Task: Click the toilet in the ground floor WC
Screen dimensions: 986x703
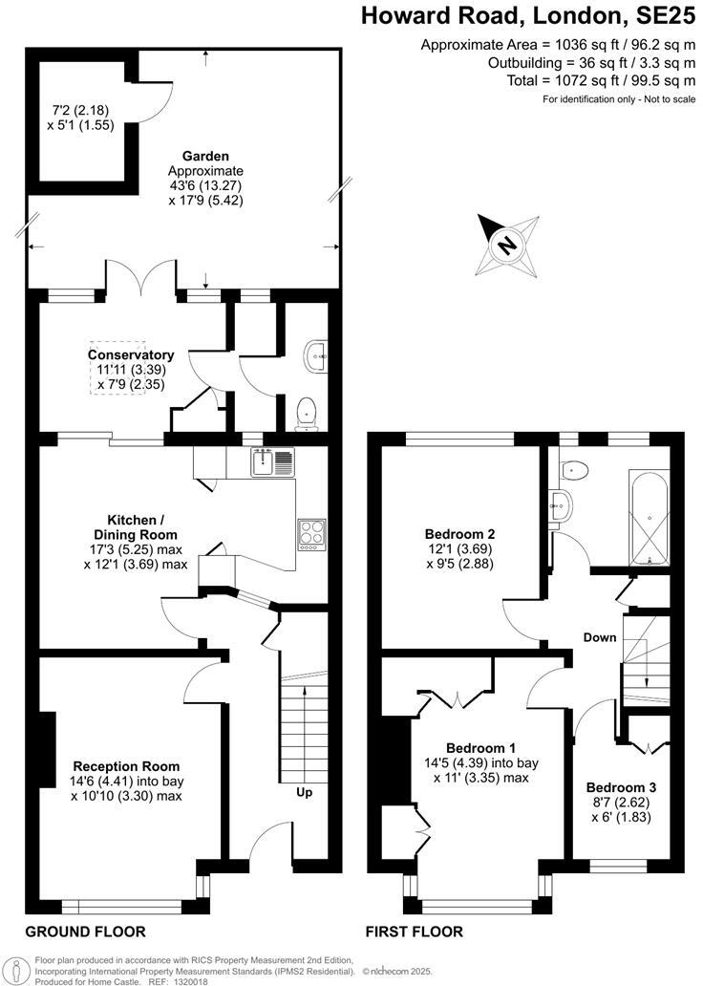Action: (307, 412)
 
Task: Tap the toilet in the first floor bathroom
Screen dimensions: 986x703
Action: (575, 469)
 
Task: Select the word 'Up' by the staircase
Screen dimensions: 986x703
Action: (304, 792)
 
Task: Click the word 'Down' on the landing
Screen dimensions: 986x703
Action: (601, 637)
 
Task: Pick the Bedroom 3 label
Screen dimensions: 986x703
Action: (620, 787)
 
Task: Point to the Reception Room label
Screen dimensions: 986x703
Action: (126, 766)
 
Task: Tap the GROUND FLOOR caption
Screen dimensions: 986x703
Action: (85, 932)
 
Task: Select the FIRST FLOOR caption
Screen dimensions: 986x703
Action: (415, 932)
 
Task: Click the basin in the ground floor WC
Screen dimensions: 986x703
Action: (317, 357)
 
